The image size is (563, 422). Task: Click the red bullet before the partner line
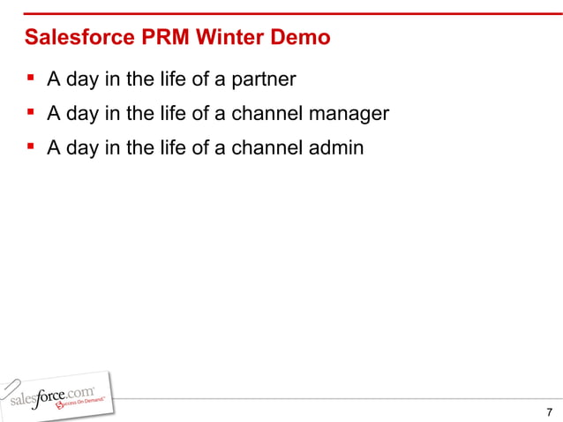point(30,79)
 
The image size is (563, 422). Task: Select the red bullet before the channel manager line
point(30,112)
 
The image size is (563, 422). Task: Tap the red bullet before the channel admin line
point(30,146)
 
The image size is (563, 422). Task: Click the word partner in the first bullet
point(263,80)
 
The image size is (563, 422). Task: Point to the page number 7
point(550,412)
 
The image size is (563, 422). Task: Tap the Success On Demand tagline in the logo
point(83,403)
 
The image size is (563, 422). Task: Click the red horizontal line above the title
point(281,14)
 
